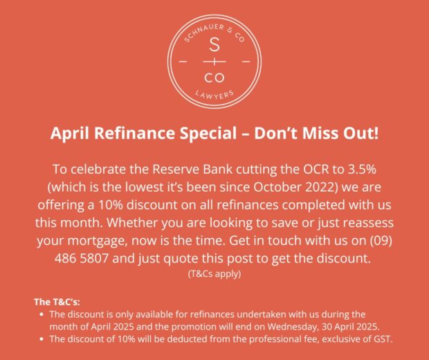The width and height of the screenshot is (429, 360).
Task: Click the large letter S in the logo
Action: pyautogui.click(x=214, y=44)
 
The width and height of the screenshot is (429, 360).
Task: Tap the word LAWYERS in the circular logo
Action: pyautogui.click(x=214, y=95)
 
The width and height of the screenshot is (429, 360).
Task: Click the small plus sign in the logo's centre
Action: pyautogui.click(x=214, y=62)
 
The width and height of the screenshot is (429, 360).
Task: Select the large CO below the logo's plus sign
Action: pyautogui.click(x=214, y=78)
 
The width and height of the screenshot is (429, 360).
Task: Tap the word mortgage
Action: pyautogui.click(x=97, y=241)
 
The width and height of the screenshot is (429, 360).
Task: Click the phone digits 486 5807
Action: pyautogui.click(x=82, y=259)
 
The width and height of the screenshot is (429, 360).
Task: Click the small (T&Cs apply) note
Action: pyautogui.click(x=214, y=274)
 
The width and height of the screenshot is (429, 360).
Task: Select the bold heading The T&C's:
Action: pyautogui.click(x=57, y=302)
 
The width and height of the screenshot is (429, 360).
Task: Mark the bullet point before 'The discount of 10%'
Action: pyautogui.click(x=42, y=339)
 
